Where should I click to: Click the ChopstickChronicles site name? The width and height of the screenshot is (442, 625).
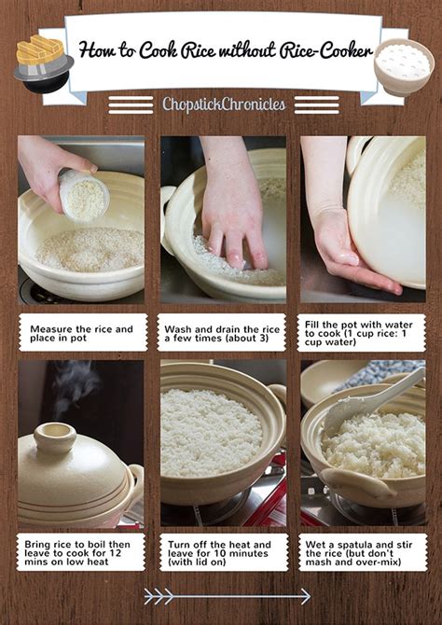[x=224, y=104]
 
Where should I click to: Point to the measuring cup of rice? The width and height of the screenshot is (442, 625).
[x=83, y=195]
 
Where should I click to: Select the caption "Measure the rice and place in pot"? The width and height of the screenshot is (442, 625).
[x=82, y=333]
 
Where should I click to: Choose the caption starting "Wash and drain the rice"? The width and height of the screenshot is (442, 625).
[x=222, y=333]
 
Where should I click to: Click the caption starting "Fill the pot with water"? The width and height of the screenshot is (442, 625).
[x=363, y=332]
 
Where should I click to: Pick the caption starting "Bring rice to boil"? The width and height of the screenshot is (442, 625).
[x=81, y=552]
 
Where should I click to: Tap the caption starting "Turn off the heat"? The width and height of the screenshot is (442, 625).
[x=222, y=552]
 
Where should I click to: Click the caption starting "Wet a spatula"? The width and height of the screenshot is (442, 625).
[x=363, y=552]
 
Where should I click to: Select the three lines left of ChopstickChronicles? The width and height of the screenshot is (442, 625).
[x=131, y=104]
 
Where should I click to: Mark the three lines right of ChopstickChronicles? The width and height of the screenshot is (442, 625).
[x=317, y=104]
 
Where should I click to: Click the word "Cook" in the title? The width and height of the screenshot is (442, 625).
[x=161, y=50]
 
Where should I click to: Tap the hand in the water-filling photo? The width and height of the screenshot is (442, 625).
[x=350, y=252]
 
